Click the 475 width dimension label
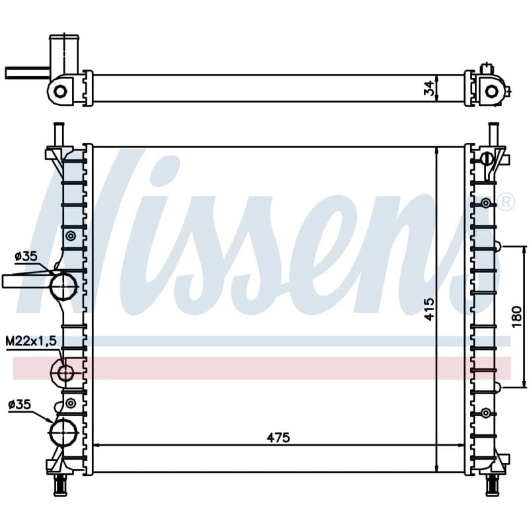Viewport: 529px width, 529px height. pyautogui.click(x=278, y=438)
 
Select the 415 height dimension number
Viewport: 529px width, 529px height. pyautogui.click(x=429, y=309)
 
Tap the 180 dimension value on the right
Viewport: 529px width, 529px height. pyautogui.click(x=516, y=317)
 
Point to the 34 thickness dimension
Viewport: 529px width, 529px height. pyautogui.click(x=428, y=88)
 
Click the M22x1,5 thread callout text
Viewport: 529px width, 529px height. pyautogui.click(x=31, y=341)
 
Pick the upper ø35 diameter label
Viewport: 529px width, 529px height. pyautogui.click(x=26, y=257)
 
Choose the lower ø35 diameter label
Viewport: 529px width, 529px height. pyautogui.click(x=20, y=404)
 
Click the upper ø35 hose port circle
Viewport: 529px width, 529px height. pyautogui.click(x=63, y=287)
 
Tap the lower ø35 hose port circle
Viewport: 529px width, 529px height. pyautogui.click(x=63, y=432)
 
